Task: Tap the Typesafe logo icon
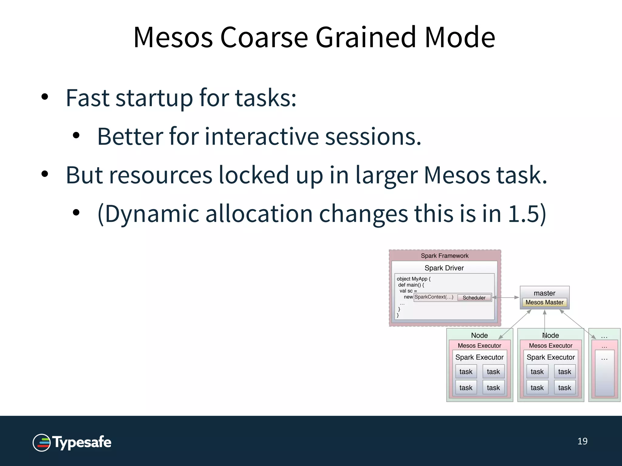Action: tap(42, 442)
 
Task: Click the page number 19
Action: tap(582, 441)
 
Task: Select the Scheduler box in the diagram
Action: tap(474, 298)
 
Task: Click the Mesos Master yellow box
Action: tap(544, 302)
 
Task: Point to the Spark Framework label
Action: tap(444, 256)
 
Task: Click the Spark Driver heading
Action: tap(444, 268)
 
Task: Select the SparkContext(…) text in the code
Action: tap(434, 297)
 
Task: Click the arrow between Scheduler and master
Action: tap(506, 298)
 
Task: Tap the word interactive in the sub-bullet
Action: tap(262, 137)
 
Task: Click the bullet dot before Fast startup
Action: tap(45, 97)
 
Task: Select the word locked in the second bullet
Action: tap(254, 175)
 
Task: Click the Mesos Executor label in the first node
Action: tap(479, 346)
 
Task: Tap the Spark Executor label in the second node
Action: tap(550, 357)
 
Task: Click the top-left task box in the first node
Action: tap(466, 372)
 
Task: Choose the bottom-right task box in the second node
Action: tap(564, 388)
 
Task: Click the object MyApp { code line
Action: tap(413, 279)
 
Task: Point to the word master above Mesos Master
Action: tap(544, 293)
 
